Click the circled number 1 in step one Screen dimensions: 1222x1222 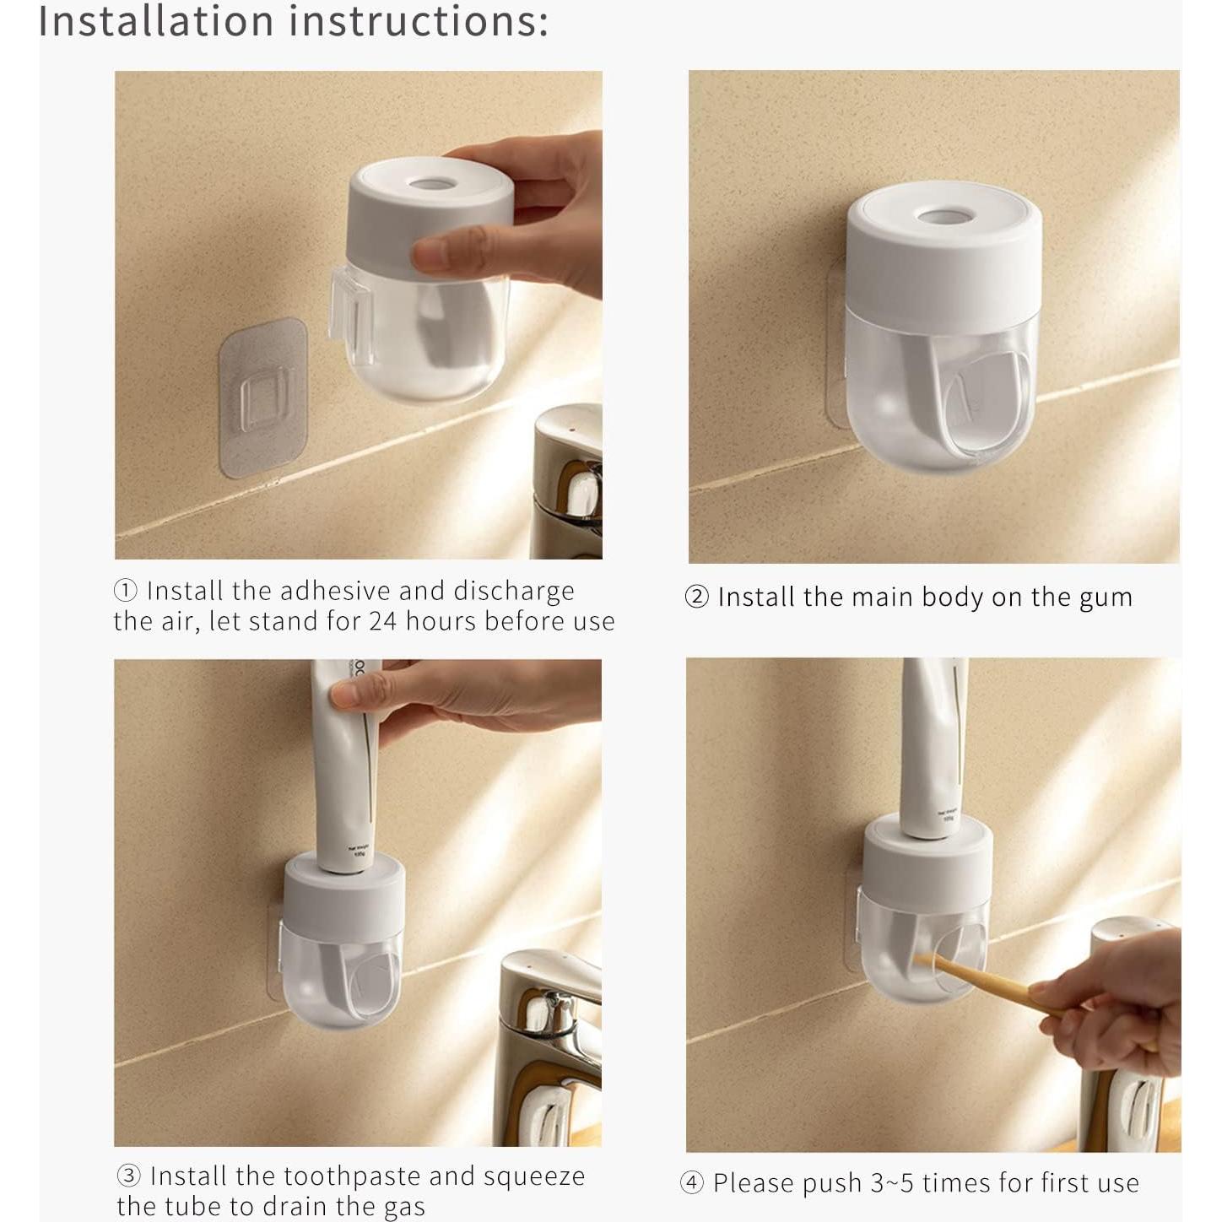(125, 591)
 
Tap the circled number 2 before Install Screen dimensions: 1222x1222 (696, 597)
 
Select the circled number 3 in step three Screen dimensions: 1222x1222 (128, 1176)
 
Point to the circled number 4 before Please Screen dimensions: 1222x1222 (691, 1183)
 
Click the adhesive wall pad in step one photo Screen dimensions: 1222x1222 (262, 397)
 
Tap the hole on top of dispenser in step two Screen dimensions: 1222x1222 (944, 217)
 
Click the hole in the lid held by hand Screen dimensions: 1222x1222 (430, 182)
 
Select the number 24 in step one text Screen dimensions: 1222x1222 (385, 622)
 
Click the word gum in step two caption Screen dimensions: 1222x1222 (1106, 597)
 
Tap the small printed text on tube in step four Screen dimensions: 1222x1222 (946, 814)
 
